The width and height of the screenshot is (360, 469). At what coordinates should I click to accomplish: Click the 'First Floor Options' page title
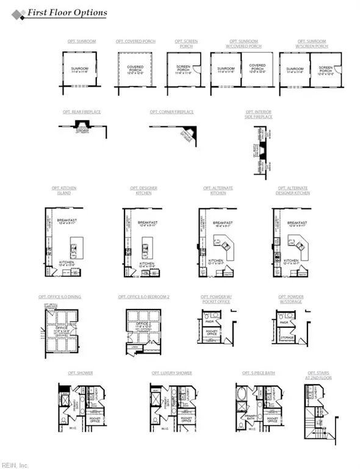(x=67, y=13)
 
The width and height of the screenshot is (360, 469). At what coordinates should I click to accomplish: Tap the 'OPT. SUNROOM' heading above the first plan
(x=82, y=42)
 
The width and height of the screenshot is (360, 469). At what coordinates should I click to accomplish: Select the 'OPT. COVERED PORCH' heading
(x=135, y=42)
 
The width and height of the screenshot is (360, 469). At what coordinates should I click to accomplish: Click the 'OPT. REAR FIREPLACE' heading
(x=82, y=112)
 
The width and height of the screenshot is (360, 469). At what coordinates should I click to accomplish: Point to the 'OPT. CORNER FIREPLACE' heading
(x=171, y=112)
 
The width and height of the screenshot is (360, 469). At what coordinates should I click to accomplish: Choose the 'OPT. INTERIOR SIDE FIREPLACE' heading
(x=259, y=114)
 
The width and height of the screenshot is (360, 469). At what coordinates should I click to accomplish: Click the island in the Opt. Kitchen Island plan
(x=73, y=249)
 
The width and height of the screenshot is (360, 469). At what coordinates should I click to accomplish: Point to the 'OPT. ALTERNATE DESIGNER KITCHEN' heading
(x=293, y=191)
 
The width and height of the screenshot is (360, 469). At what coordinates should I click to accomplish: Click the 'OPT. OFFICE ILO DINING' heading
(x=60, y=297)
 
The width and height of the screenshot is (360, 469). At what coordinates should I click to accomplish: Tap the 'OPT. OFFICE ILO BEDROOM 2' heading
(x=143, y=297)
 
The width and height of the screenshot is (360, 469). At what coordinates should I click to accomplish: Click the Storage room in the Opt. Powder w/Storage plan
(x=287, y=336)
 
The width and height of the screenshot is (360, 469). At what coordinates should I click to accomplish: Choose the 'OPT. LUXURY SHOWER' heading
(x=171, y=373)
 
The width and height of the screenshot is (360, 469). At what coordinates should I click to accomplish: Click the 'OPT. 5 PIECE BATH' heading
(x=256, y=373)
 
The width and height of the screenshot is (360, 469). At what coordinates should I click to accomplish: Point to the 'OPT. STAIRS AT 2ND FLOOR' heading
(x=317, y=375)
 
